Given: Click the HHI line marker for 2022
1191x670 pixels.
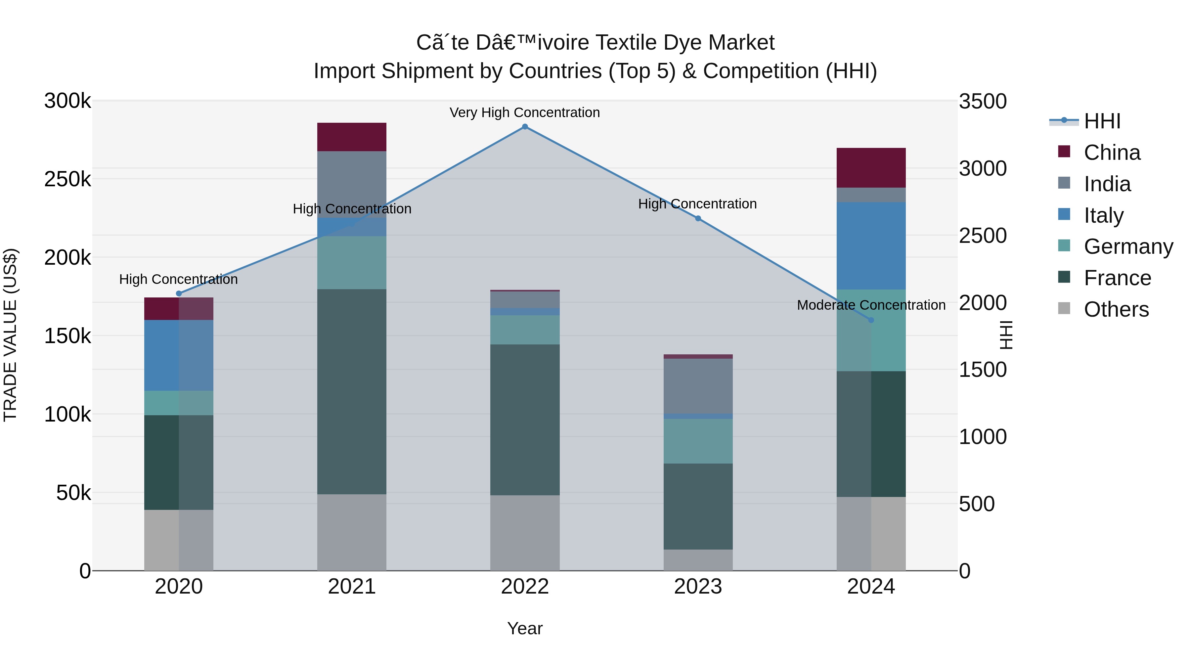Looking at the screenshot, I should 525,127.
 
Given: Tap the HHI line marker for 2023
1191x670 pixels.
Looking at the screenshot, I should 698,219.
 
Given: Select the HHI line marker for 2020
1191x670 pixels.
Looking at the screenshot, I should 179,293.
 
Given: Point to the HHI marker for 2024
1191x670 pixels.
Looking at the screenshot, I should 871,320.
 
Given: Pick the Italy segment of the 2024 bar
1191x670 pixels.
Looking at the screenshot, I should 871,246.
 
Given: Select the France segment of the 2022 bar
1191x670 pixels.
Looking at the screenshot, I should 525,420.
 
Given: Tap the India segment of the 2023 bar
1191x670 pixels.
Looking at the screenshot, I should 698,386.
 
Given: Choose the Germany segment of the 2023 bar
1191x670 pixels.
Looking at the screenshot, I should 698,441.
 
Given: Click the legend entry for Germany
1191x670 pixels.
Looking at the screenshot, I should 1128,246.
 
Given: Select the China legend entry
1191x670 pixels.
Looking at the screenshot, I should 1112,153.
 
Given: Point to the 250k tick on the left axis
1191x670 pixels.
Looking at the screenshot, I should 67,179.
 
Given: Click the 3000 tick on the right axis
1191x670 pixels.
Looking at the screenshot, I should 983,169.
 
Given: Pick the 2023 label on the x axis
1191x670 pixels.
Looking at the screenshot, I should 698,587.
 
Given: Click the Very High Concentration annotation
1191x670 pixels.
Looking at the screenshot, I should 525,112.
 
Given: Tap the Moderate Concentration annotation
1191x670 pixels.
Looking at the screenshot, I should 871,305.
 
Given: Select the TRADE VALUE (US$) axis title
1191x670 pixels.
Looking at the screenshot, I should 10,335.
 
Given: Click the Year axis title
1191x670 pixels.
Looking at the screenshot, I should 525,628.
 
